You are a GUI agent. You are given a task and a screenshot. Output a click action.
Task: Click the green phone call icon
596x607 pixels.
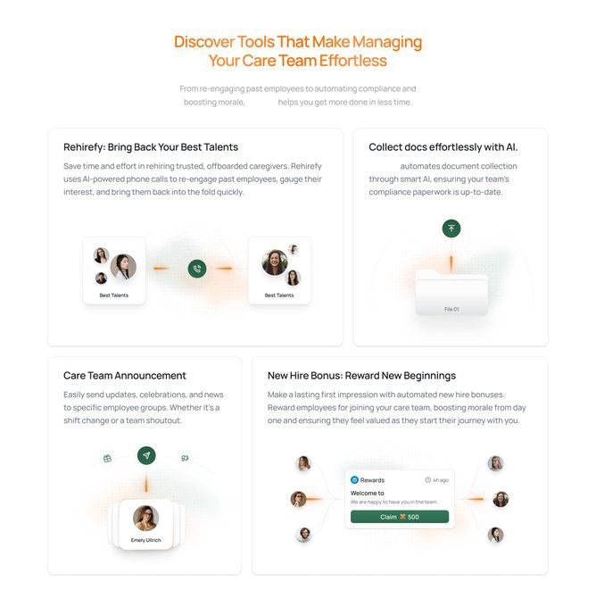(197, 269)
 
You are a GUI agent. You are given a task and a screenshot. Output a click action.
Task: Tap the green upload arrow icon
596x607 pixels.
(451, 229)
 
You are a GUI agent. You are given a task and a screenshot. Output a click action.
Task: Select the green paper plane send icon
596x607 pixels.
(146, 455)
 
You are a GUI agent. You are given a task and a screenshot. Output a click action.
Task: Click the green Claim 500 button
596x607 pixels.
(400, 517)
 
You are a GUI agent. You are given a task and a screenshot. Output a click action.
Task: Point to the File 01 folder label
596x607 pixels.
(451, 309)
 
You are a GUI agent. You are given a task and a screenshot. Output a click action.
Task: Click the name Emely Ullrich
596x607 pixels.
(146, 540)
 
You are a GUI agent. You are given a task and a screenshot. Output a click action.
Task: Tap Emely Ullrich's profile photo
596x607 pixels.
(146, 518)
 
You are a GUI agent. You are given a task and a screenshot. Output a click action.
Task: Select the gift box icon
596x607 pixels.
(108, 459)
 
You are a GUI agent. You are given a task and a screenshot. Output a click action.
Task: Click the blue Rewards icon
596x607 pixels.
(354, 480)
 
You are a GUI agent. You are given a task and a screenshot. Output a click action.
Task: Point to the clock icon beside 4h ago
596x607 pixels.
(428, 480)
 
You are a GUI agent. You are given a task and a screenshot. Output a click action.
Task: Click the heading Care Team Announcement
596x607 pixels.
(125, 376)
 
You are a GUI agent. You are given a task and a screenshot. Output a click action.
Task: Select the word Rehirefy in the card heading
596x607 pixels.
(83, 147)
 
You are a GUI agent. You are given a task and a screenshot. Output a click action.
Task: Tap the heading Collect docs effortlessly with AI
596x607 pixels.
(443, 147)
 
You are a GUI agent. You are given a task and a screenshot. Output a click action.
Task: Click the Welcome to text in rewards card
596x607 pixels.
(368, 493)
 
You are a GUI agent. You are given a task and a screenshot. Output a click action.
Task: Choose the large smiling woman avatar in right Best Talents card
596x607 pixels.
(275, 262)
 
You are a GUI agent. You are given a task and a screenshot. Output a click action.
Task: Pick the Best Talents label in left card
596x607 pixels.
(114, 295)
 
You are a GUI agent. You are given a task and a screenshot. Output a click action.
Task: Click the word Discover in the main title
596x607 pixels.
(204, 42)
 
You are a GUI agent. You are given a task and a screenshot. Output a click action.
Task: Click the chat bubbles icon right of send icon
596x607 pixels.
(185, 458)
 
